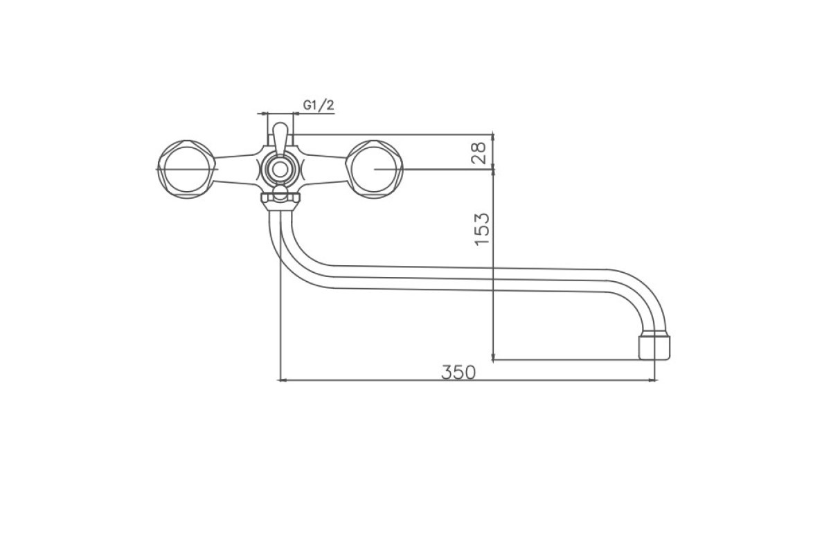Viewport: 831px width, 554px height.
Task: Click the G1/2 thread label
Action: click(x=319, y=105)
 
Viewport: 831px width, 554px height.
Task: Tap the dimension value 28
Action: click(x=479, y=152)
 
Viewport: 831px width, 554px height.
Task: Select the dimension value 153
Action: click(x=482, y=229)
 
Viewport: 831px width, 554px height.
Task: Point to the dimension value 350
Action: click(x=458, y=372)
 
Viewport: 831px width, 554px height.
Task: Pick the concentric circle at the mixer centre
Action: click(x=280, y=170)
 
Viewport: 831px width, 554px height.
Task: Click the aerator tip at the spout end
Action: click(x=654, y=348)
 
